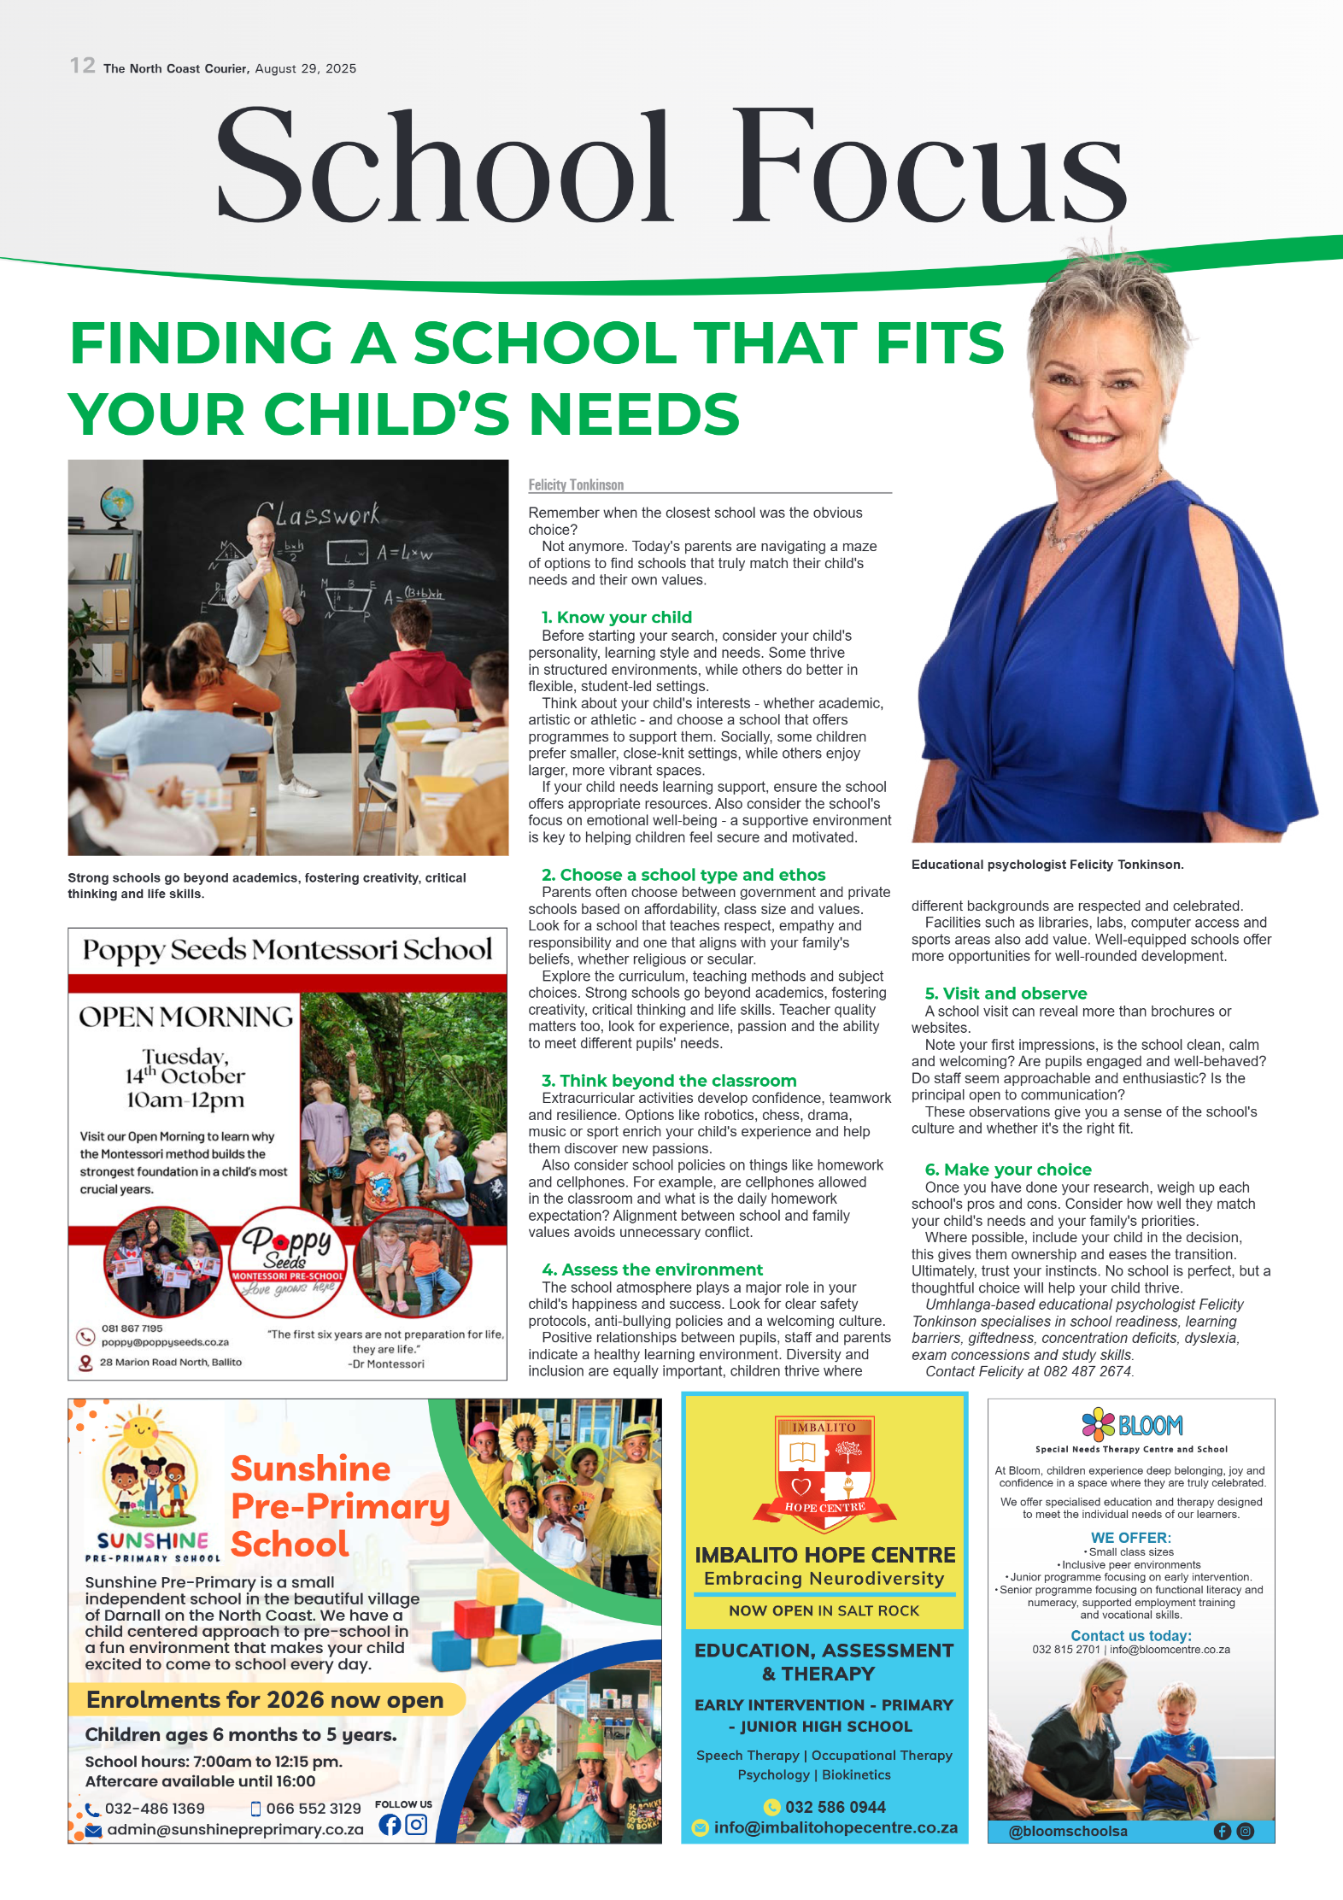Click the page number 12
(x=83, y=66)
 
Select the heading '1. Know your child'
(x=616, y=617)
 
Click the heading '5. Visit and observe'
(x=1006, y=993)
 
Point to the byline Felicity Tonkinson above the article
(x=576, y=484)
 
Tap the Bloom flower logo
(x=1098, y=1424)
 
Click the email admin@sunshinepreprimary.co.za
(x=235, y=1829)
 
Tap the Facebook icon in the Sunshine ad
(x=390, y=1825)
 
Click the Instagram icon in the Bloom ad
(x=1246, y=1831)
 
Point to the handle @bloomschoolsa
(x=1068, y=1831)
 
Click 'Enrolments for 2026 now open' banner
(x=265, y=1699)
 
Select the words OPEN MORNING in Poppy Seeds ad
(x=185, y=1017)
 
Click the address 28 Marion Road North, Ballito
(x=170, y=1362)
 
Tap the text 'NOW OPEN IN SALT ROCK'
(x=824, y=1610)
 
